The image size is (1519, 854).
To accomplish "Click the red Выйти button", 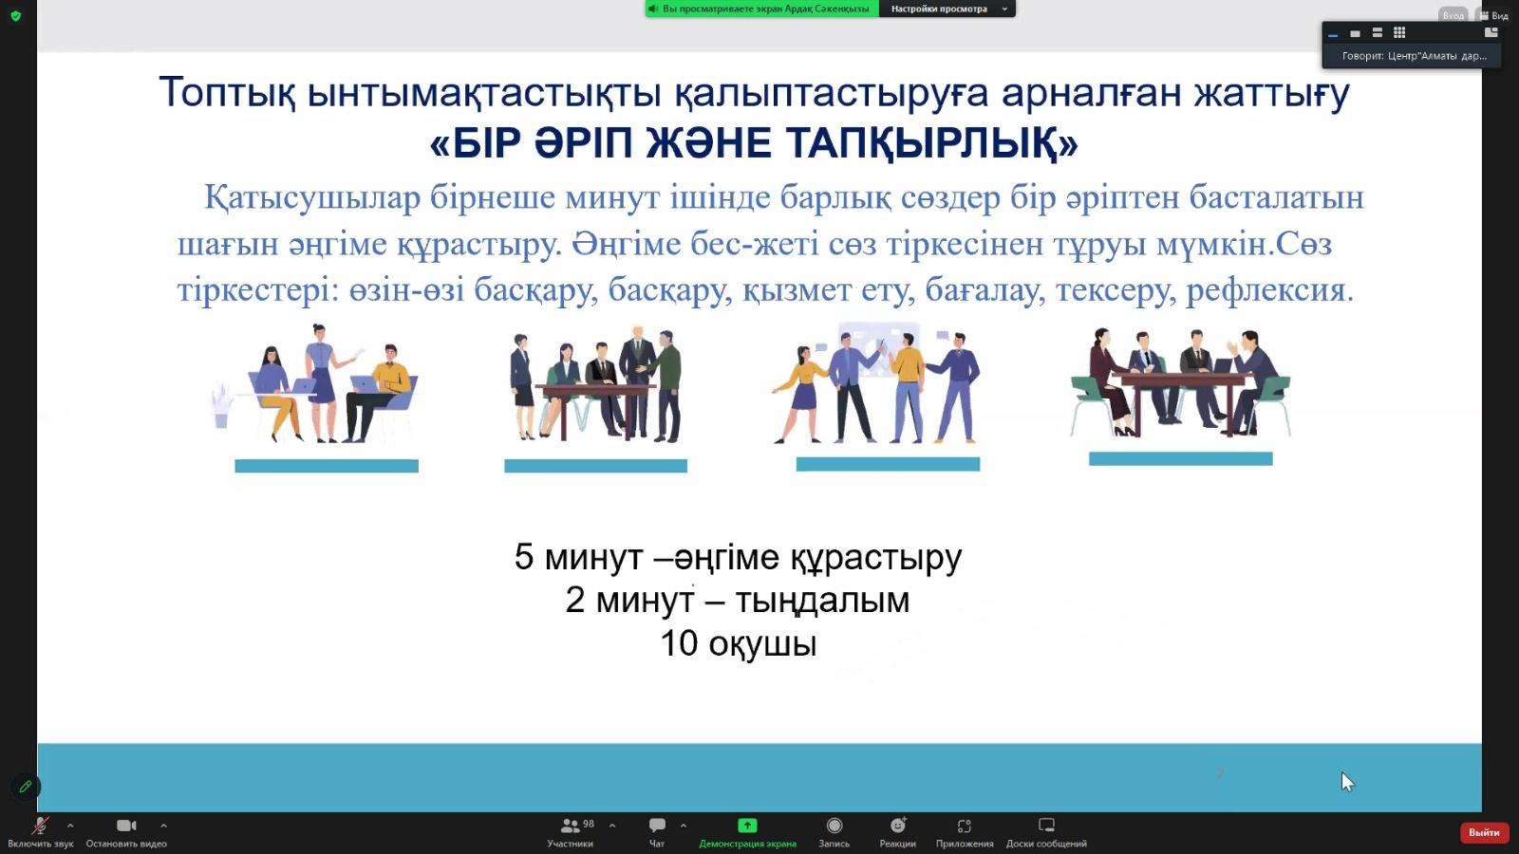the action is coord(1484,832).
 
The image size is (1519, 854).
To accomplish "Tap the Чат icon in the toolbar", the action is coord(657,825).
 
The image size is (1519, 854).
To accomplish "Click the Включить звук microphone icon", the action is coord(40,826).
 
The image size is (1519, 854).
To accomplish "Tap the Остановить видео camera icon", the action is coord(126,825).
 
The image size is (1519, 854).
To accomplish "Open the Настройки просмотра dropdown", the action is coord(947,9).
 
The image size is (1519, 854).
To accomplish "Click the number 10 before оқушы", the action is coord(679,643).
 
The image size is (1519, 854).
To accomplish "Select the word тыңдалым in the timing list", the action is coord(822,601).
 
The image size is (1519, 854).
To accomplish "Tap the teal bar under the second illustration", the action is coord(595,466).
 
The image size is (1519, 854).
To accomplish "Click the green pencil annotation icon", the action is coord(26,787).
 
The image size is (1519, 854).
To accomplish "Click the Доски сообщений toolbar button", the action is coord(1046,831).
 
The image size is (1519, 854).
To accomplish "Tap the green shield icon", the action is coord(16,15).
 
